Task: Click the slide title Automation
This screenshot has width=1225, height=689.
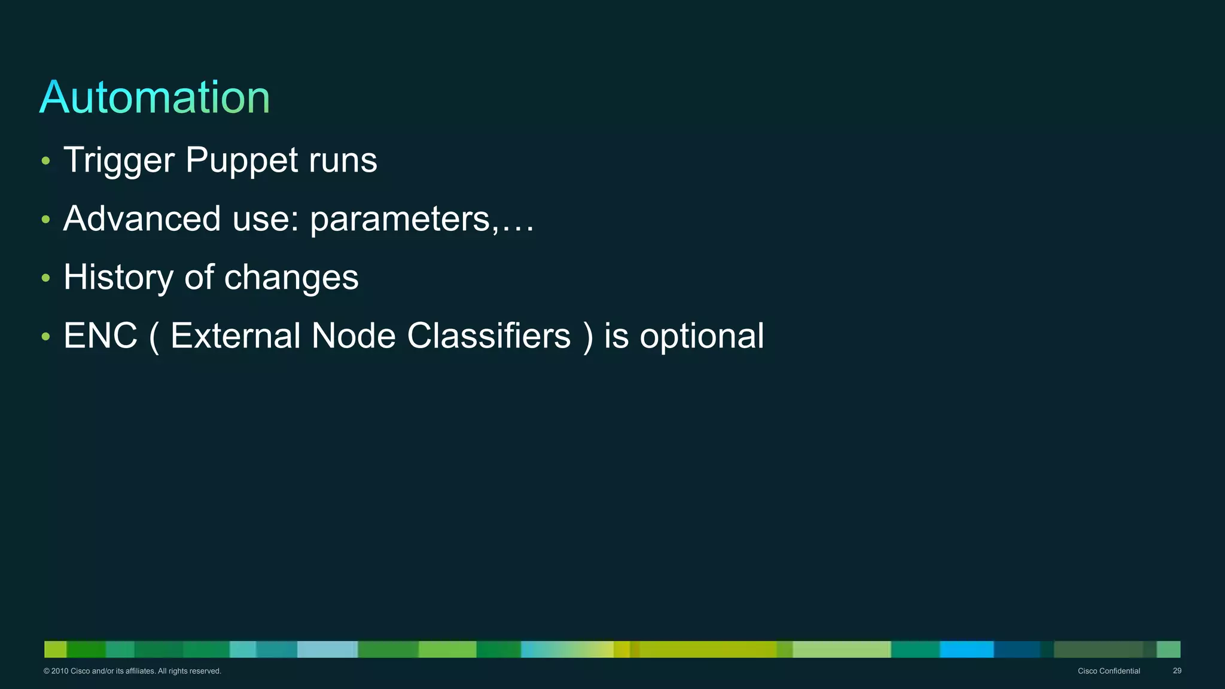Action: point(154,97)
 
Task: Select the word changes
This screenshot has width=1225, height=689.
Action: point(291,278)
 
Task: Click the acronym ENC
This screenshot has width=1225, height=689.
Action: point(100,336)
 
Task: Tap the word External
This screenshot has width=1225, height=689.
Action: point(235,336)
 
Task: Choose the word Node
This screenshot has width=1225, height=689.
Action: point(354,336)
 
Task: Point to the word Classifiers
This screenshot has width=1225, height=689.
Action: point(489,336)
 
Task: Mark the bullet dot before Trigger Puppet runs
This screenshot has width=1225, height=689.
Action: point(46,161)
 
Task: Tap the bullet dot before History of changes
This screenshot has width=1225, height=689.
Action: point(46,278)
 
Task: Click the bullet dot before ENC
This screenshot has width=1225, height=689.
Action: point(46,337)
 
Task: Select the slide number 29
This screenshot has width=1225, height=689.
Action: point(1177,671)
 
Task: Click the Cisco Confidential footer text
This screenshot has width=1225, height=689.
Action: point(1108,671)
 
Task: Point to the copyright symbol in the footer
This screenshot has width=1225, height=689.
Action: point(47,671)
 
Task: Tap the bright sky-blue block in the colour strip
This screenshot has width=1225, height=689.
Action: point(966,649)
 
